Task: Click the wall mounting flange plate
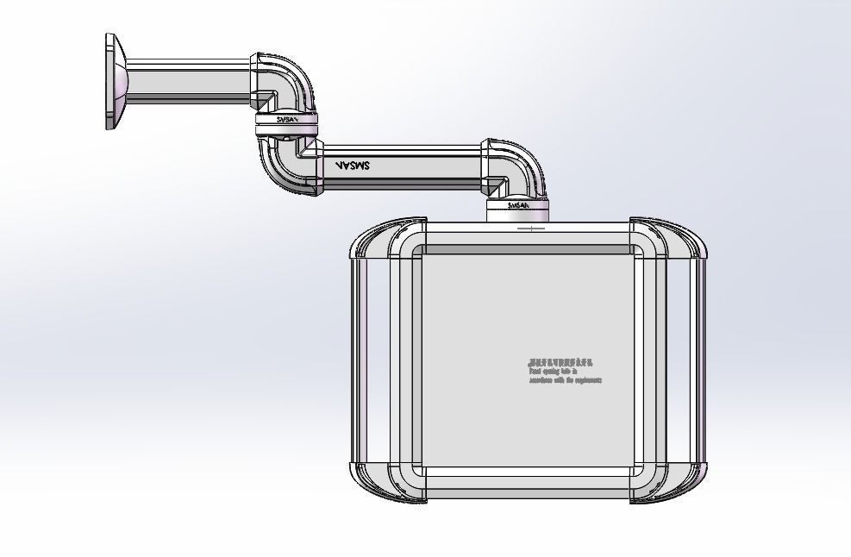tap(112, 82)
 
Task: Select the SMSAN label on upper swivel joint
tap(287, 120)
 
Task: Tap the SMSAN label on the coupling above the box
tap(518, 206)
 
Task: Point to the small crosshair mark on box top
tap(532, 228)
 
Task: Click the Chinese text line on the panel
tap(560, 364)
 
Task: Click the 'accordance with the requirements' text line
tap(565, 380)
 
